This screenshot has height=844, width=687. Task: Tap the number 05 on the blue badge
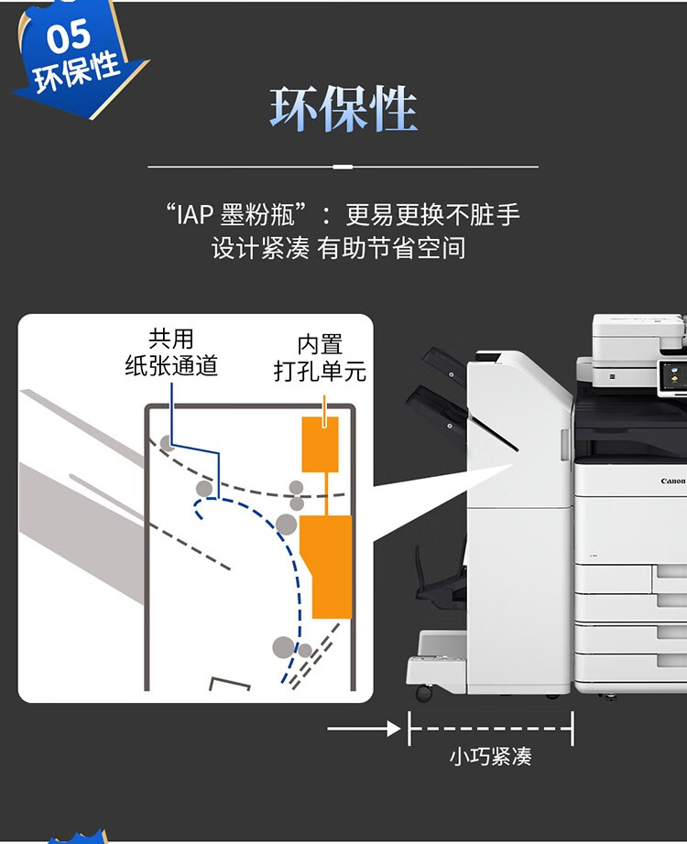coord(69,36)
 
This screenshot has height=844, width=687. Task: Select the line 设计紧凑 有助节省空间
coord(338,248)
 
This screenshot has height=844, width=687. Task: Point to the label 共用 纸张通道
coord(171,352)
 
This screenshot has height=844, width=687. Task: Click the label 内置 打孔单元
coord(320,358)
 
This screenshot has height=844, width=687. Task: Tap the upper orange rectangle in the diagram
coord(320,444)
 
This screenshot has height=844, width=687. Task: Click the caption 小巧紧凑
coord(490,756)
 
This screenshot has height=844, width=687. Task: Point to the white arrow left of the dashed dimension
coord(364,729)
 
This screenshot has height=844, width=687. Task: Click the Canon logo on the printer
coord(673,481)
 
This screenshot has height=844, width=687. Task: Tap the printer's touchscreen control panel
coord(672,375)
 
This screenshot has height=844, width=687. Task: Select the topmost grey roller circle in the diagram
coord(167,443)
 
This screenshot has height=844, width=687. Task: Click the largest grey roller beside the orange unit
coord(286,524)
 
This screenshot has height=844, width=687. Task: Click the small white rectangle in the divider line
coord(343,167)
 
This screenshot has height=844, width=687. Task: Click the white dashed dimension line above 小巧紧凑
coord(490,729)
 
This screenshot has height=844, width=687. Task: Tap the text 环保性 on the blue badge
coord(76,72)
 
